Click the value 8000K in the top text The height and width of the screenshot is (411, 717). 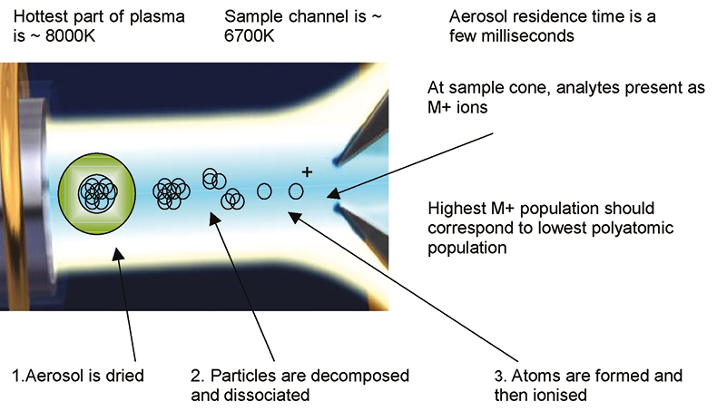click(x=70, y=35)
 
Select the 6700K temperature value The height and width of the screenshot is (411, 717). click(x=250, y=35)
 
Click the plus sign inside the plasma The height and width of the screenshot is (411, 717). click(x=308, y=171)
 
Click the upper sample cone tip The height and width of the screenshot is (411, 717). click(x=337, y=161)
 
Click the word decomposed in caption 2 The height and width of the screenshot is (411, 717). click(x=360, y=376)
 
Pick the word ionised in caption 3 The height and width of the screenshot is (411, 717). click(x=563, y=395)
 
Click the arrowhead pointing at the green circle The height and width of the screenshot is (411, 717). click(x=118, y=254)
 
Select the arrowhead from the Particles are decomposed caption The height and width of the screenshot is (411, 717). click(x=214, y=219)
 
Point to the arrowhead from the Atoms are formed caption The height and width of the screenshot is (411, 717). click(x=294, y=217)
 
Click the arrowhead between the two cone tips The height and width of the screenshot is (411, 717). click(x=333, y=194)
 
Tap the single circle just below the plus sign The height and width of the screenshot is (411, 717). click(x=296, y=191)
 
